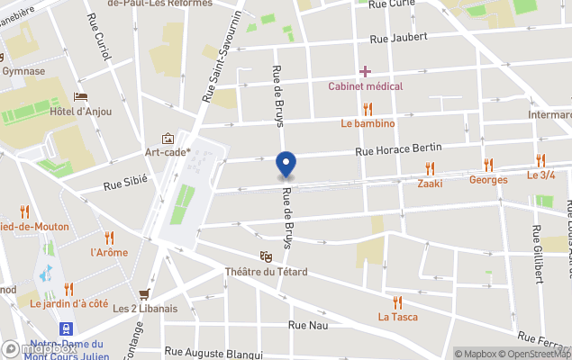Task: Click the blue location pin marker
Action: [x=285, y=165]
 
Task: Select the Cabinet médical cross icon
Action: [x=365, y=71]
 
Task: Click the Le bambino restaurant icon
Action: [x=368, y=108]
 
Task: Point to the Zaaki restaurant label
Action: [x=430, y=183]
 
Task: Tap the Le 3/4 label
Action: [x=541, y=175]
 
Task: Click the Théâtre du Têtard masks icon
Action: [x=265, y=257]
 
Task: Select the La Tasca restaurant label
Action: [x=397, y=317]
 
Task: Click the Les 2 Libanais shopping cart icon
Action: [x=144, y=293]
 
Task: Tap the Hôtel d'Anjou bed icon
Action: [x=81, y=97]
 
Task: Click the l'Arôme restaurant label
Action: [x=110, y=252]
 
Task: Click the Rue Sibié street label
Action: [x=125, y=184]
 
